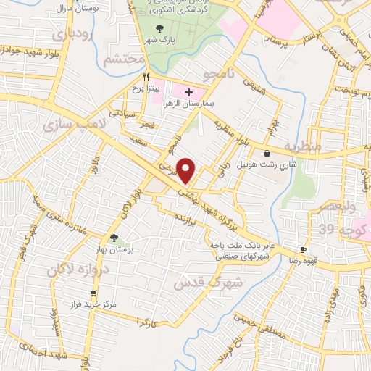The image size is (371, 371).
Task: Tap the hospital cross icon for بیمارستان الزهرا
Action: (188, 93)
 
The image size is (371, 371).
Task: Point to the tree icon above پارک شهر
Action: (159, 28)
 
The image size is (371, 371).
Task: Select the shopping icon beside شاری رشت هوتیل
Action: (269, 153)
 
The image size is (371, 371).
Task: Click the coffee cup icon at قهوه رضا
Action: (303, 249)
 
